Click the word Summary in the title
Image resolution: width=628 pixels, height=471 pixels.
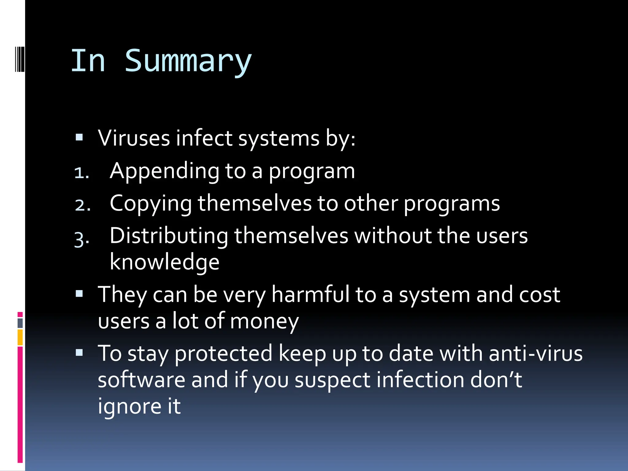[188, 61]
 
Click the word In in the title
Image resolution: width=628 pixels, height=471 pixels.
[88, 61]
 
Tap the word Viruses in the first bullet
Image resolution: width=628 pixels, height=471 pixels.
[134, 138]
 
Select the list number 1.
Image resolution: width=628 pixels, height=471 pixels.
[81, 173]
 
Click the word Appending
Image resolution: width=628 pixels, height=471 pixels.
[164, 171]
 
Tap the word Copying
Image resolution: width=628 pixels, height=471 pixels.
[151, 204]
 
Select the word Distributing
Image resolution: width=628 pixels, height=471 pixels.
[169, 236]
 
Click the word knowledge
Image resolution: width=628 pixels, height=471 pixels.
[164, 262]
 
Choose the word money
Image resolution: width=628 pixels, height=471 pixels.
[264, 321]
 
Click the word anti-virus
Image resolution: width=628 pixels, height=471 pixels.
[535, 353]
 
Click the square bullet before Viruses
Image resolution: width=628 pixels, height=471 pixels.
[79, 137]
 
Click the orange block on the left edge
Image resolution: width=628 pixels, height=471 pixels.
[20, 337]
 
